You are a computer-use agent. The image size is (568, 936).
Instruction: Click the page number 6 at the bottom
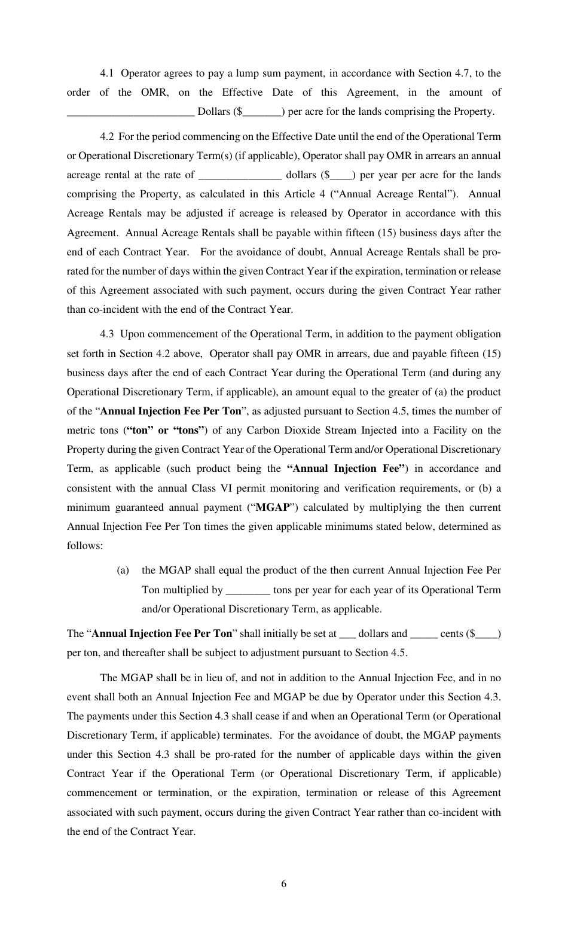(283, 884)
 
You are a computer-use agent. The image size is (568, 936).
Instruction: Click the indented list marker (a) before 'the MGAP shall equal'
(123, 571)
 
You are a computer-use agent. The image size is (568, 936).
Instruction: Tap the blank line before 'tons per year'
(248, 590)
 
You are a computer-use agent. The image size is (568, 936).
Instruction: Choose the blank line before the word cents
(424, 634)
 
